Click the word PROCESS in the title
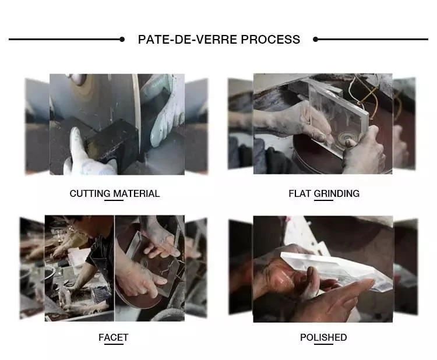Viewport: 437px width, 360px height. [270, 39]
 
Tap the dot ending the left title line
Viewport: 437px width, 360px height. [122, 39]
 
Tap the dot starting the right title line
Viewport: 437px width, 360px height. [315, 39]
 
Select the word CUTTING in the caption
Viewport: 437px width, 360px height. [90, 193]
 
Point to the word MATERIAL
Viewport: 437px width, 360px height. [136, 193]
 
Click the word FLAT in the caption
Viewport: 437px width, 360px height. [299, 193]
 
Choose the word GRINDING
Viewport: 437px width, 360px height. [337, 193]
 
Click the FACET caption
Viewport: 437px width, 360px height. [114, 337]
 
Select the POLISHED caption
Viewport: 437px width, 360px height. [323, 337]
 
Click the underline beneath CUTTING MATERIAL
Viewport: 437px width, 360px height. [114, 200]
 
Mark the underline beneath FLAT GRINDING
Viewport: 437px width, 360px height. [323, 200]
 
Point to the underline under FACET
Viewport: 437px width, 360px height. [114, 344]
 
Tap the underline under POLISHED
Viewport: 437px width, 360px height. [323, 344]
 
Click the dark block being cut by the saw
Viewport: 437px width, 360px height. [114, 141]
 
